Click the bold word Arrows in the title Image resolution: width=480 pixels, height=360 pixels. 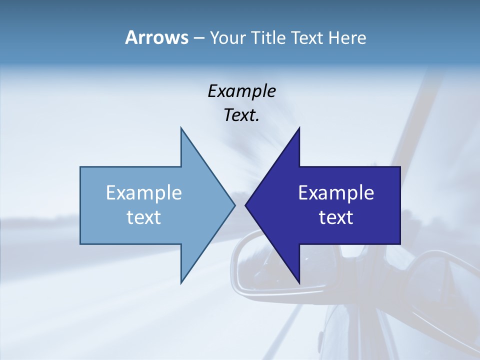pyautogui.click(x=156, y=37)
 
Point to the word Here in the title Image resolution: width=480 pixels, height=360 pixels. pyautogui.click(x=347, y=38)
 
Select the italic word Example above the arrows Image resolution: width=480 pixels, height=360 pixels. pyautogui.click(x=241, y=91)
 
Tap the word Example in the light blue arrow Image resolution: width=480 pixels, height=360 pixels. pyautogui.click(x=144, y=193)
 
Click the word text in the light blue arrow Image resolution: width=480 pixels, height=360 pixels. pyautogui.click(x=144, y=217)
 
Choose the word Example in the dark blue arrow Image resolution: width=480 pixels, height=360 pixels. pyautogui.click(x=336, y=193)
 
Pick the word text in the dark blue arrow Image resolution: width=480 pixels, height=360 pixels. pyautogui.click(x=336, y=217)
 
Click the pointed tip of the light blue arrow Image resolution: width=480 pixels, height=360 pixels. pyautogui.click(x=234, y=205)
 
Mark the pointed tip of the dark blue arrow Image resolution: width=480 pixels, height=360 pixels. pyautogui.click(x=246, y=205)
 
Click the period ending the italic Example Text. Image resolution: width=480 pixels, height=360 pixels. pyautogui.click(x=257, y=120)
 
